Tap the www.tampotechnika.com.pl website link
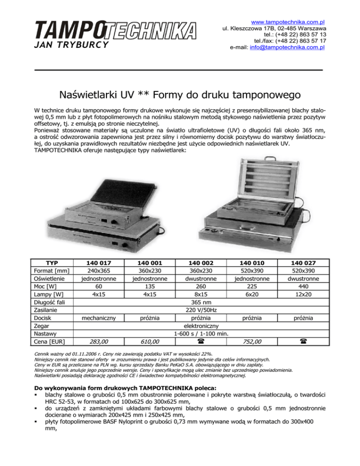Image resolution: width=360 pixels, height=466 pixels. point(288,22)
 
